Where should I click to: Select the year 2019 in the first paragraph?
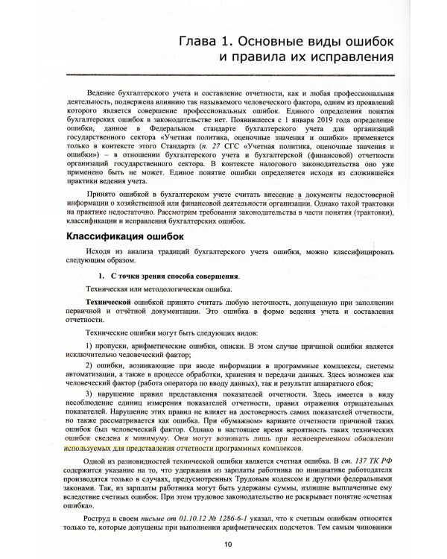[x=297, y=119]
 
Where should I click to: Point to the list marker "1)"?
[x=89, y=348]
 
